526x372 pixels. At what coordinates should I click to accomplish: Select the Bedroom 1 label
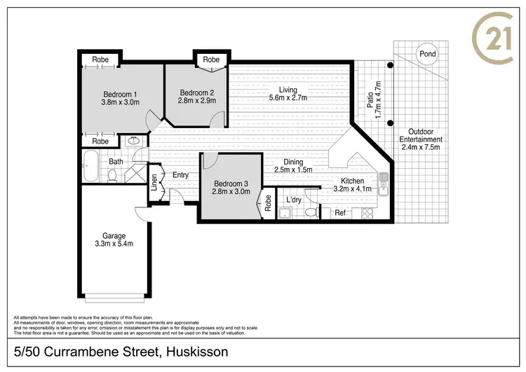pos(120,95)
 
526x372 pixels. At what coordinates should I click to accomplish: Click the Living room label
pos(288,90)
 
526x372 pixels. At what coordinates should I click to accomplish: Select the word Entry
pos(180,175)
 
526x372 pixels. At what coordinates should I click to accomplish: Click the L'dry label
pos(294,200)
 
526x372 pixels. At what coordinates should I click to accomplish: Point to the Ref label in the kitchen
pos(339,213)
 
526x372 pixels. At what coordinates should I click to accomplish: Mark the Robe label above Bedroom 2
pos(211,60)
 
